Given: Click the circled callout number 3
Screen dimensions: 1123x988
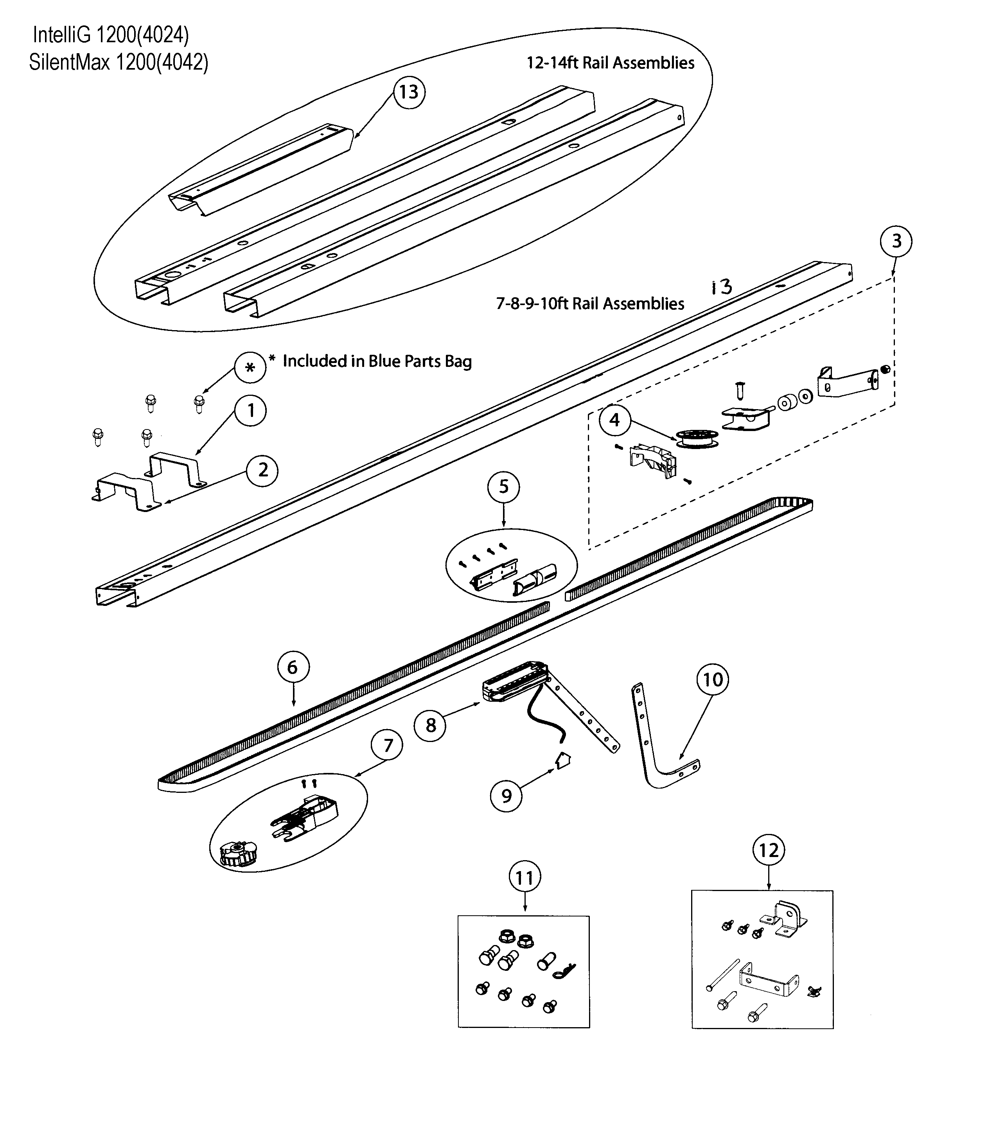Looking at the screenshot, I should click(896, 241).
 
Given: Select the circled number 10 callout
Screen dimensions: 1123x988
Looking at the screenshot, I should click(713, 679).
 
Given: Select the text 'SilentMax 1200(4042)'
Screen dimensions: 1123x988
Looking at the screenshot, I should click(119, 62).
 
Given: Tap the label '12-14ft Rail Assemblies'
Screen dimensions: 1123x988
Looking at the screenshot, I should click(610, 63).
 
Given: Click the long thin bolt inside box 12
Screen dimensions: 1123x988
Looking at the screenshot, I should click(722, 975).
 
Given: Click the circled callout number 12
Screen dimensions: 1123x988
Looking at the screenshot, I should click(768, 850).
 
